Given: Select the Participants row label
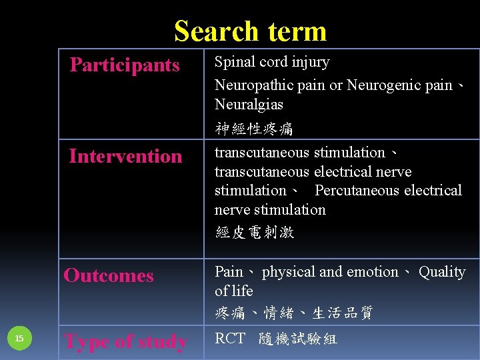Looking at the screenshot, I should click(125, 65).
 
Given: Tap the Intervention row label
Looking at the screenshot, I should click(125, 157).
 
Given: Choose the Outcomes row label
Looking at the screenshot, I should click(109, 275).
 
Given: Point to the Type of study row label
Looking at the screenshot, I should click(125, 341).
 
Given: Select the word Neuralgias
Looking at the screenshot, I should click(249, 105).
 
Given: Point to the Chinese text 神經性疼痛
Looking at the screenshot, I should click(254, 128).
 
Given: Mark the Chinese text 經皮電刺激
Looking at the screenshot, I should click(254, 232).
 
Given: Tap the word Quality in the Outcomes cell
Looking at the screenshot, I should click(441, 272).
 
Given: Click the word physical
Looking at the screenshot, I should click(289, 272).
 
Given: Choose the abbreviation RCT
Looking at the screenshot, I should click(230, 339).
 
